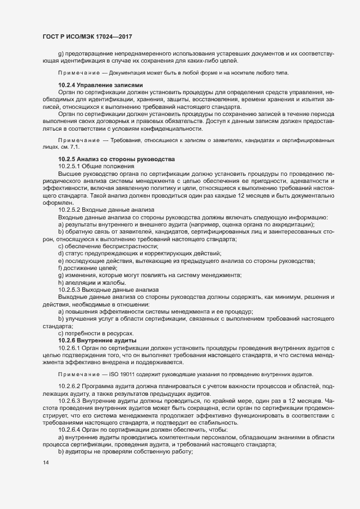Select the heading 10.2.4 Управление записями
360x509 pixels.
pos(100,85)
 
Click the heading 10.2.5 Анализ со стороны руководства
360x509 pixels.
pos(116,158)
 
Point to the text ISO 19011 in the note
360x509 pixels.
pos(122,376)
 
